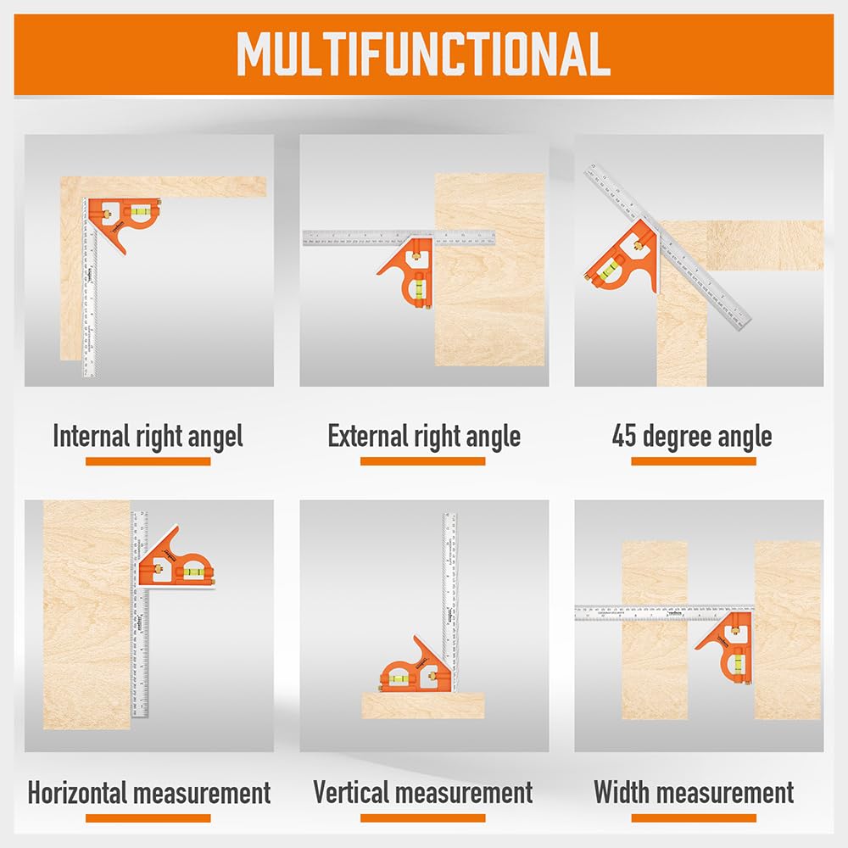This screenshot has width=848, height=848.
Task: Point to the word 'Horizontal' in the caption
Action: click(x=80, y=794)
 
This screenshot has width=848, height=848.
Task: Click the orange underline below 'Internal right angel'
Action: click(x=148, y=461)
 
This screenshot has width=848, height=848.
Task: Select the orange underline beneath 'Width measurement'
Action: click(x=694, y=818)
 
